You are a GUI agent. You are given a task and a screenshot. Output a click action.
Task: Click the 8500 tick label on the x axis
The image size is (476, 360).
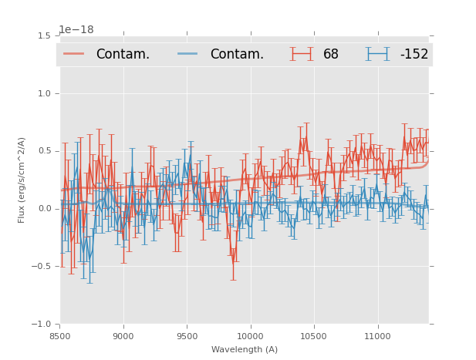click(60, 336)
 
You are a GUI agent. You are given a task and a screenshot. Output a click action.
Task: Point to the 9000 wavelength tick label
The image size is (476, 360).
click(123, 336)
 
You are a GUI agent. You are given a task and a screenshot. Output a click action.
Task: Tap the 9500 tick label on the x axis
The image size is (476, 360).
click(187, 336)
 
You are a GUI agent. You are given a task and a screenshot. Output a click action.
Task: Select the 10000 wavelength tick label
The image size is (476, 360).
click(250, 336)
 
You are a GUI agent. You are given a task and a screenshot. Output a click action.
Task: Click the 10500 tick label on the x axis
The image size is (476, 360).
click(314, 336)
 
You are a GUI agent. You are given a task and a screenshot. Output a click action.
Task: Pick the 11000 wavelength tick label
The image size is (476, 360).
click(377, 336)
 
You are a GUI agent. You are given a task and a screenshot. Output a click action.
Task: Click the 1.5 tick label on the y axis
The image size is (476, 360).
click(44, 35)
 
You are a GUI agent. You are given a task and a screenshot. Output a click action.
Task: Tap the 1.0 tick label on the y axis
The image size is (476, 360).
click(44, 93)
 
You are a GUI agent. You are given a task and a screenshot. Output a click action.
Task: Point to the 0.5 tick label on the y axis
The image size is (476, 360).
click(44, 151)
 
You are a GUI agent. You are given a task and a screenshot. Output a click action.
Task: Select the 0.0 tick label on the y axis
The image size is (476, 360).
click(44, 209)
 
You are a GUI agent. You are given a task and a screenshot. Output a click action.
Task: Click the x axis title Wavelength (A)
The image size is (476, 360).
click(245, 349)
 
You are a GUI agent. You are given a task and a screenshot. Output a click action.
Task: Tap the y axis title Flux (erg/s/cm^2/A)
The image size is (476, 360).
click(22, 180)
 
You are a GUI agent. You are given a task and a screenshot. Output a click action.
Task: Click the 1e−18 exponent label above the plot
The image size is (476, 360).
click(76, 30)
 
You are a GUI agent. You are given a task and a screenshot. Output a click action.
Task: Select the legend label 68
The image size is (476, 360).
click(331, 55)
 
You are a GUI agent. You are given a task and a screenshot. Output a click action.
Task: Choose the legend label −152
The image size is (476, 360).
click(414, 55)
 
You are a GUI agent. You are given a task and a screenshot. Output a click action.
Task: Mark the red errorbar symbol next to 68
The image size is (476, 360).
click(302, 54)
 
